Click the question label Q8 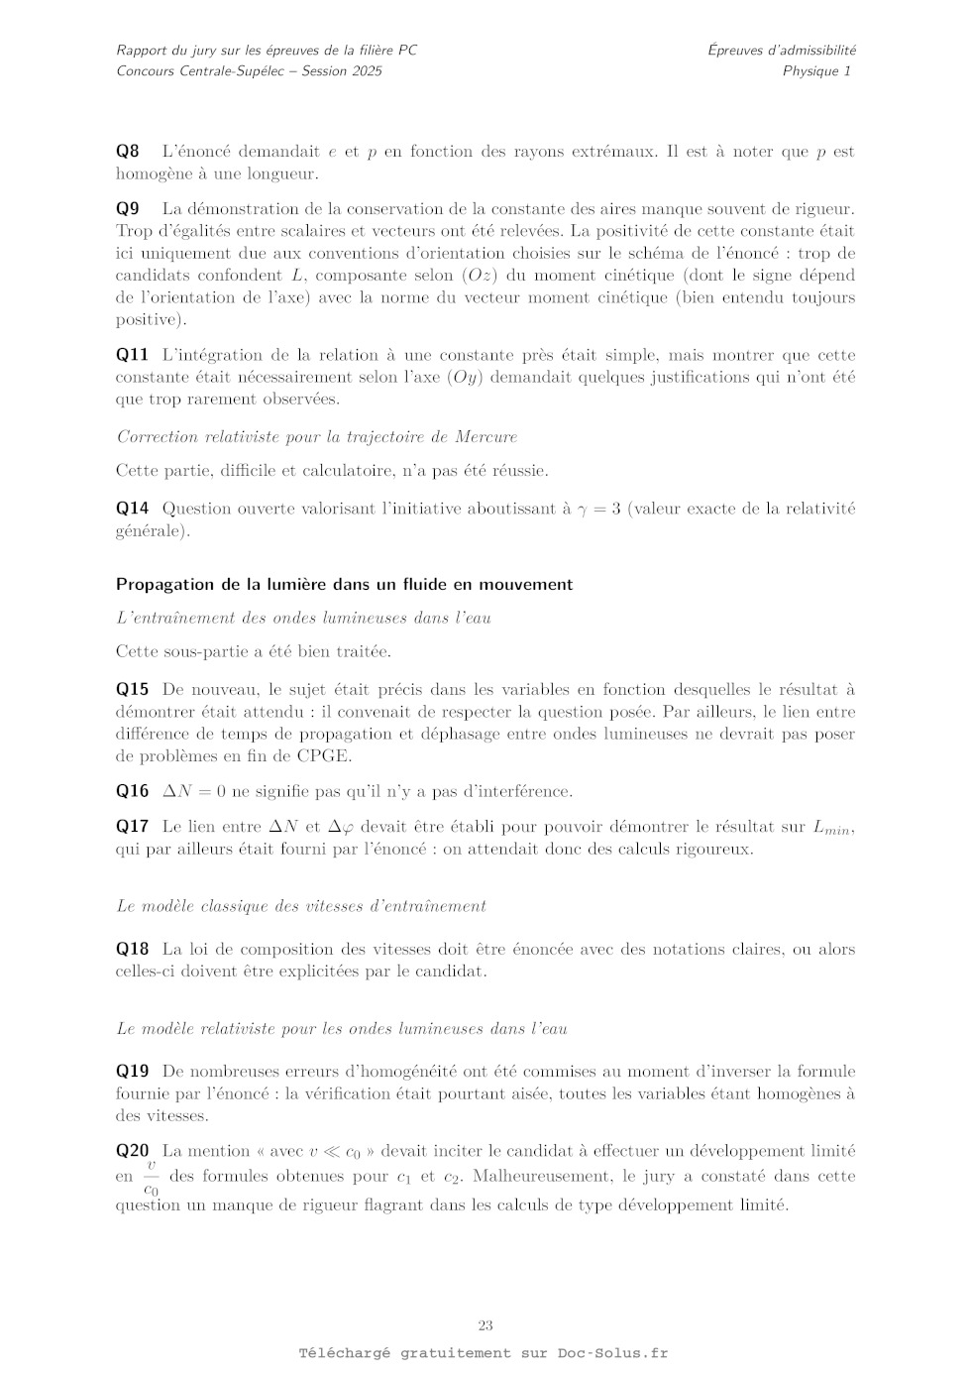click(x=128, y=152)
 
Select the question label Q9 click(x=128, y=209)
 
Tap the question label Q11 click(x=132, y=355)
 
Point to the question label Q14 click(x=132, y=509)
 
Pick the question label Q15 click(x=132, y=690)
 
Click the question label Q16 click(x=132, y=791)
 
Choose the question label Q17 click(x=132, y=827)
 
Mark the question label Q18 click(x=132, y=949)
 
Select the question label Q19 click(x=132, y=1072)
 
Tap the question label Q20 click(x=132, y=1151)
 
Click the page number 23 click(x=485, y=1326)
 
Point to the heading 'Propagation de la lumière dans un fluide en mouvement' click(x=344, y=585)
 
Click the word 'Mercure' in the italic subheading click(x=486, y=437)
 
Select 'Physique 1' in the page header click(x=816, y=70)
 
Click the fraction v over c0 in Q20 click(x=151, y=1177)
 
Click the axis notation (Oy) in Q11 click(x=466, y=378)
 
